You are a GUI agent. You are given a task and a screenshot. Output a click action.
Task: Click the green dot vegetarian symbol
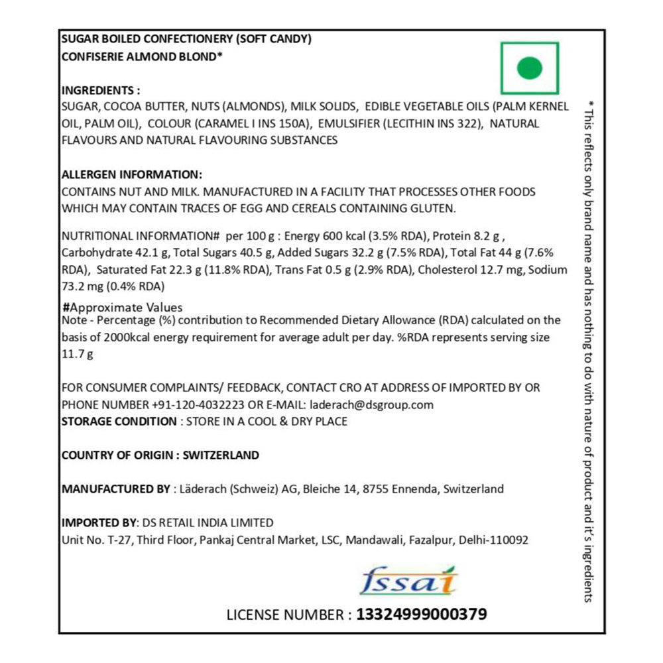tap(530, 68)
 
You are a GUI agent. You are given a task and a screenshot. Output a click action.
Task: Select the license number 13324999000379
tap(421, 615)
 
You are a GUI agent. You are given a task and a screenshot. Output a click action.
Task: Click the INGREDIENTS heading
tap(101, 90)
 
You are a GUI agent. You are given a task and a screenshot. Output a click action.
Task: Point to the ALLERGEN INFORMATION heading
tap(131, 174)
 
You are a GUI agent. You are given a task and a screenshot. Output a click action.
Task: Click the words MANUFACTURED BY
tap(115, 489)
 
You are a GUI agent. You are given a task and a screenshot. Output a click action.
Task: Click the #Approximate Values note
tap(122, 308)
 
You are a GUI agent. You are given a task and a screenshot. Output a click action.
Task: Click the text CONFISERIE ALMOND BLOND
tap(141, 57)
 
